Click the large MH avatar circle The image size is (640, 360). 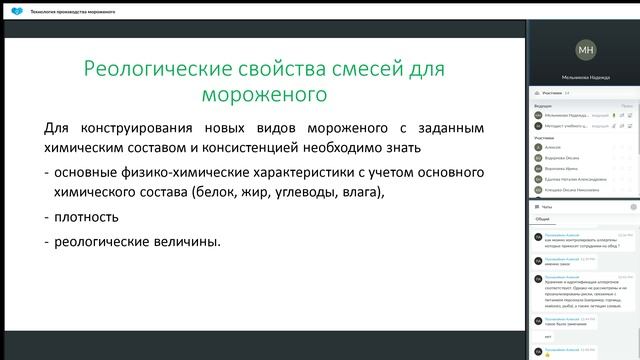585,48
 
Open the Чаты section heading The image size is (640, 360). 547,205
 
